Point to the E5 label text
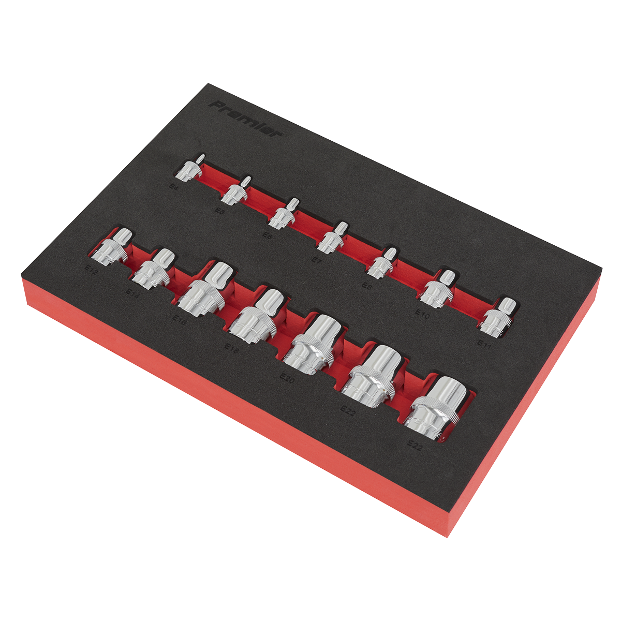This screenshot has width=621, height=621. pyautogui.click(x=220, y=211)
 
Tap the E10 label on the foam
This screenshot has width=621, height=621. pyautogui.click(x=422, y=313)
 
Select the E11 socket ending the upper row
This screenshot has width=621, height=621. pyautogui.click(x=494, y=316)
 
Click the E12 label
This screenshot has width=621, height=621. pyautogui.click(x=92, y=269)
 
